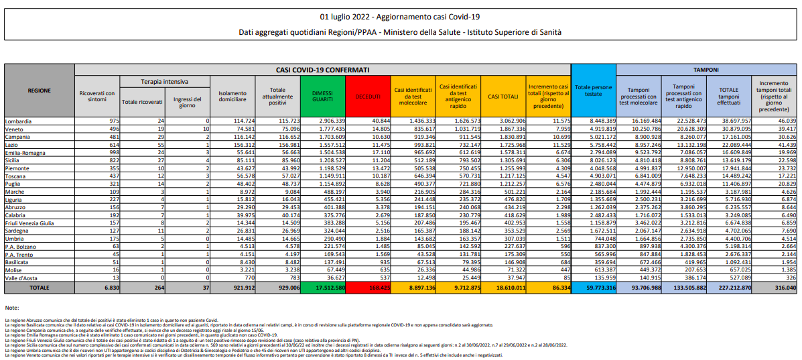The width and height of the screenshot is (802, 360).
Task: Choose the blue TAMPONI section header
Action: pyautogui.click(x=706, y=69)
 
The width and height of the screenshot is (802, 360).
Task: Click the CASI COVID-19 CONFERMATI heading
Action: pyautogui.click(x=322, y=69)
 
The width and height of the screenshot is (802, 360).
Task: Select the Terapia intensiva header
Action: pyautogui.click(x=163, y=81)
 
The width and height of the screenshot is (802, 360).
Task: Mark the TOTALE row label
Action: pyautogui.click(x=39, y=287)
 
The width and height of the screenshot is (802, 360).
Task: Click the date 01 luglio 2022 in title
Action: pyautogui.click(x=342, y=16)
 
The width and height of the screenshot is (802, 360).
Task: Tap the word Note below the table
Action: pyautogui.click(x=11, y=308)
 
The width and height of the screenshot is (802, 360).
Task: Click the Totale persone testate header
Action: pyautogui.click(x=593, y=91)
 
